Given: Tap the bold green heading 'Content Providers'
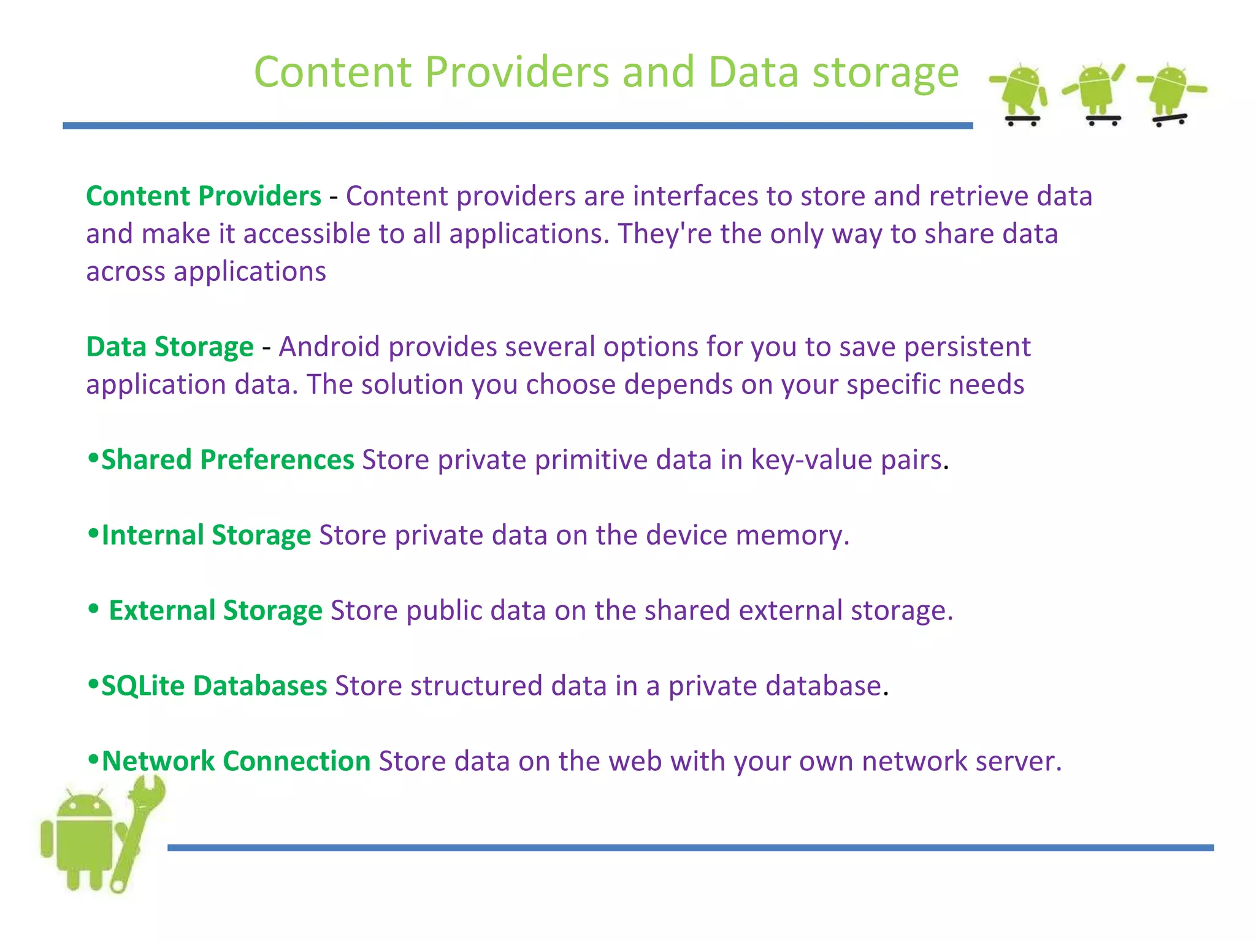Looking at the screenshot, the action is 204,196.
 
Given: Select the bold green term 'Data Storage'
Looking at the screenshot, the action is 170,347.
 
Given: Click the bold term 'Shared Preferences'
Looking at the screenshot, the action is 228,460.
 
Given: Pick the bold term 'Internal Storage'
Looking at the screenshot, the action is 206,535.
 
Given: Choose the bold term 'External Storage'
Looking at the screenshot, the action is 215,611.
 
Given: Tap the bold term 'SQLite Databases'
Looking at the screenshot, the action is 214,686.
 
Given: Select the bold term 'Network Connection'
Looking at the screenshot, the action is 236,762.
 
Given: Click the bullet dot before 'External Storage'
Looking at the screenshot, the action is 93,609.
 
